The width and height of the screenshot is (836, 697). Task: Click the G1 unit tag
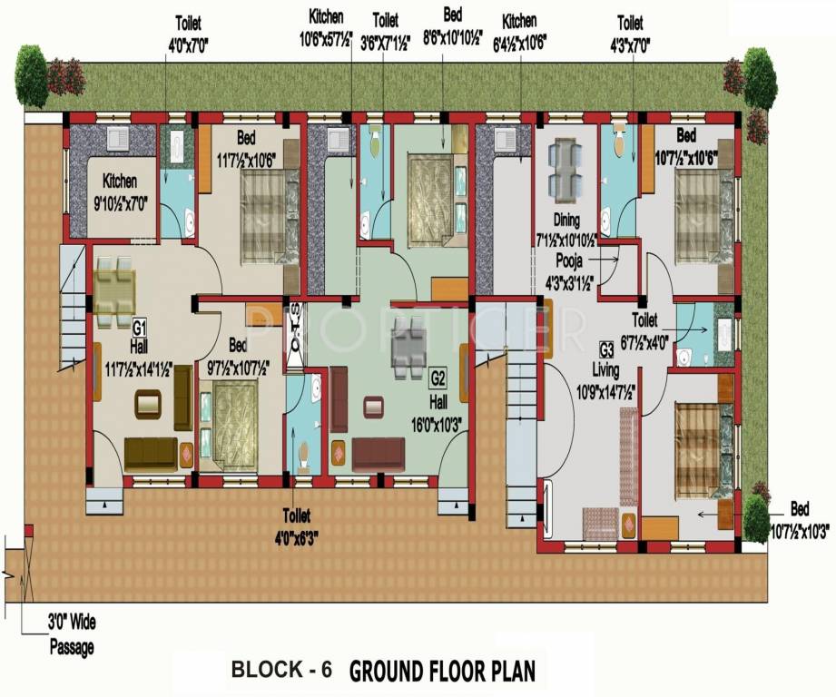(x=140, y=326)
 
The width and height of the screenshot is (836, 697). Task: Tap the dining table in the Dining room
(x=566, y=169)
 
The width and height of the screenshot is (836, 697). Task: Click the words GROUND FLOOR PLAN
(x=442, y=671)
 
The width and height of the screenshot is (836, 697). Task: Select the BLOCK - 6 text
(x=281, y=671)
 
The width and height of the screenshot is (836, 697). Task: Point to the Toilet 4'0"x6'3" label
(x=300, y=522)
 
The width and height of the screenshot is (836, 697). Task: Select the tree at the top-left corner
(x=32, y=76)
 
